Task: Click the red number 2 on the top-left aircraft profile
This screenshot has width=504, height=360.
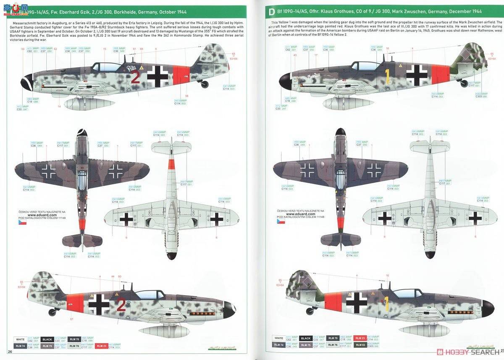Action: click(135, 77)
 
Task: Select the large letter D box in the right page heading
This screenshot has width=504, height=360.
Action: click(271, 12)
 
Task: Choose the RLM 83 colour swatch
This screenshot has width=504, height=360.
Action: click(360, 345)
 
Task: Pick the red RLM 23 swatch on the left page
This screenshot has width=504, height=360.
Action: click(101, 346)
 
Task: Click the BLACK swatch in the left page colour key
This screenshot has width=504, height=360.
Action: click(47, 339)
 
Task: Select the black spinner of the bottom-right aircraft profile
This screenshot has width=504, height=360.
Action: click(488, 308)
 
